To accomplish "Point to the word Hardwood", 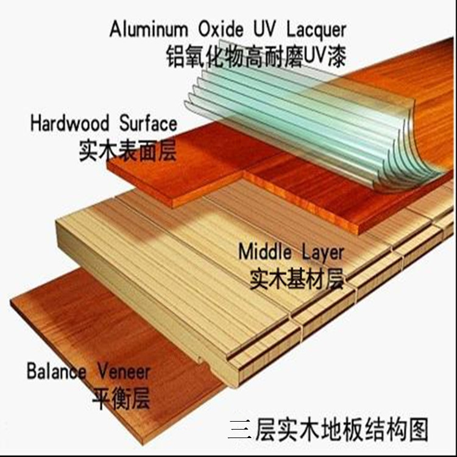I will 69,123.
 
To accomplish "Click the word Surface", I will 147,123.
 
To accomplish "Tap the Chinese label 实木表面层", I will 127,149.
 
